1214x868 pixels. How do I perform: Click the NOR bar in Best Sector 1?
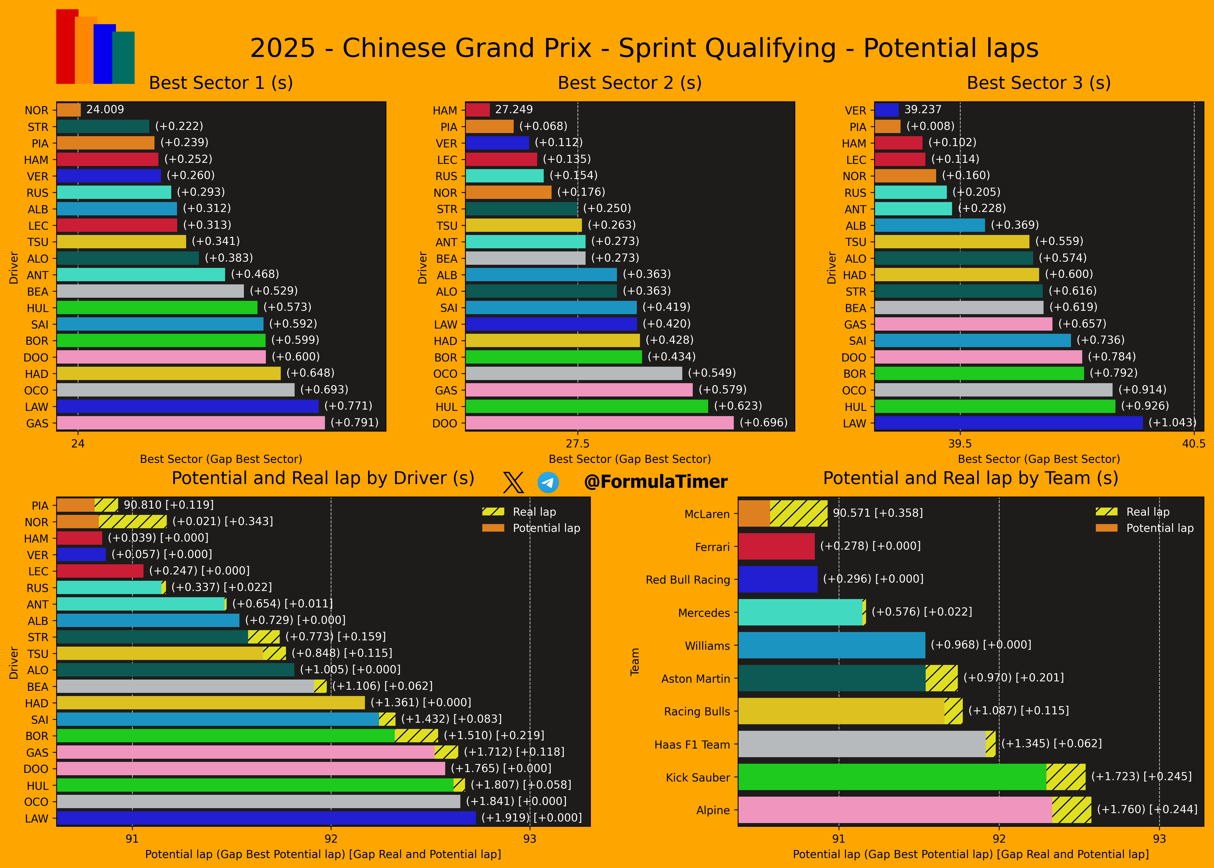click(68, 110)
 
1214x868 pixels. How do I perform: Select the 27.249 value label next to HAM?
click(514, 110)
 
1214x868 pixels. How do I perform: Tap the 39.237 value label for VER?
click(923, 110)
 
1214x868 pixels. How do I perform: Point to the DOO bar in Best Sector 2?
click(599, 423)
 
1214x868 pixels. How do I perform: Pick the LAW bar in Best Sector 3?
click(1008, 423)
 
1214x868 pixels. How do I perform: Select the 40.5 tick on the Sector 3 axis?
click(1194, 444)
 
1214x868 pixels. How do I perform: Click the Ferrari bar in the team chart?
click(776, 546)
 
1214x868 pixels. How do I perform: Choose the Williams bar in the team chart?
click(831, 645)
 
